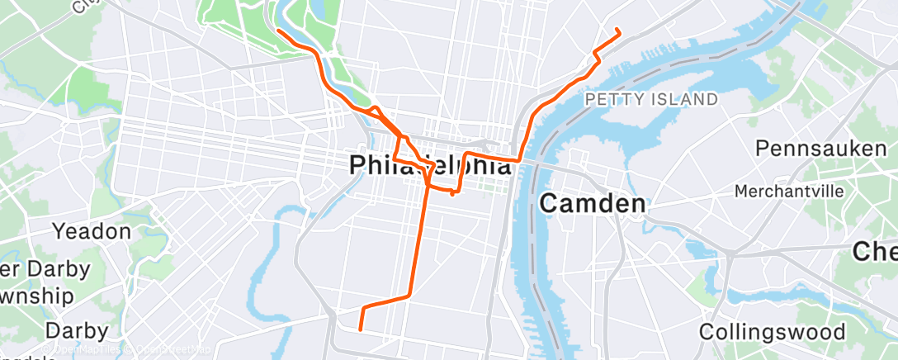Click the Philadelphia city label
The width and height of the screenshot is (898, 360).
click(430, 165)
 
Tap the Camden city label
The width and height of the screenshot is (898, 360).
click(592, 203)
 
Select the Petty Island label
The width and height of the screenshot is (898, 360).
click(650, 100)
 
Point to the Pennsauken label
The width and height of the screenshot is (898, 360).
click(820, 149)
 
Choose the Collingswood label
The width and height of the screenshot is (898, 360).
click(772, 332)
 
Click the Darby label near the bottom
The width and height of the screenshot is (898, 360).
click(76, 331)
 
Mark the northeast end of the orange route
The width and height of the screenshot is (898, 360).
click(619, 31)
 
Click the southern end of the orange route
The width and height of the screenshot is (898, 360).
click(361, 329)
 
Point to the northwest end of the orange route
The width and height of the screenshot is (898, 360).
click(278, 31)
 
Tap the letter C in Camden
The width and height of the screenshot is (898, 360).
click(550, 203)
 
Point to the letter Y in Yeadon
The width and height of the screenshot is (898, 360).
click(59, 231)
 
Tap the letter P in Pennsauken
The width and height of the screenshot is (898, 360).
click(763, 149)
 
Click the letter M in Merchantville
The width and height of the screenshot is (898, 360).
click(741, 192)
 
